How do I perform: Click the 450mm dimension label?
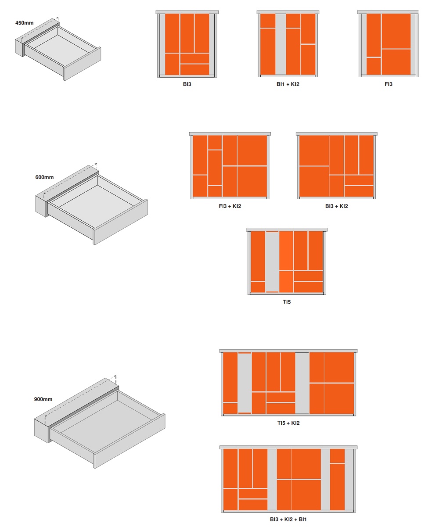pos(24,23)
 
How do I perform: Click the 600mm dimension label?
pos(44,177)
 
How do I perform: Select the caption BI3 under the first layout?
pos(187,84)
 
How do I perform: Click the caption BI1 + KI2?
pos(288,84)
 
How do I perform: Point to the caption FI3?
pos(388,84)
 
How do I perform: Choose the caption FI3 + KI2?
pos(230,206)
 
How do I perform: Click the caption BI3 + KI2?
pos(336,206)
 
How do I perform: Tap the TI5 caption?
pos(287,302)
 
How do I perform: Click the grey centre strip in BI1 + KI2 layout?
pos(281,44)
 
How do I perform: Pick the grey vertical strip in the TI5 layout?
pos(272,262)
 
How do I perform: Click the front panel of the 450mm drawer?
pos(83,64)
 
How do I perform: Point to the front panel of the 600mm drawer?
pos(120,222)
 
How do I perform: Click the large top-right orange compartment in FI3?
pos(396,31)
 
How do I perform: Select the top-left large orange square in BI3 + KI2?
pos(314,151)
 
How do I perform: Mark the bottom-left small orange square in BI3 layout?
pos(172,64)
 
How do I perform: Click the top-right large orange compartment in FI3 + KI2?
pos(252,151)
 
